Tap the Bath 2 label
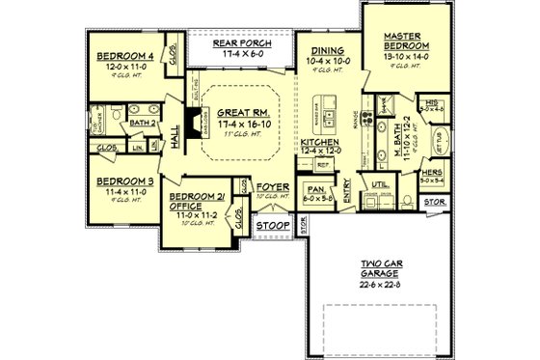click(x=143, y=123)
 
